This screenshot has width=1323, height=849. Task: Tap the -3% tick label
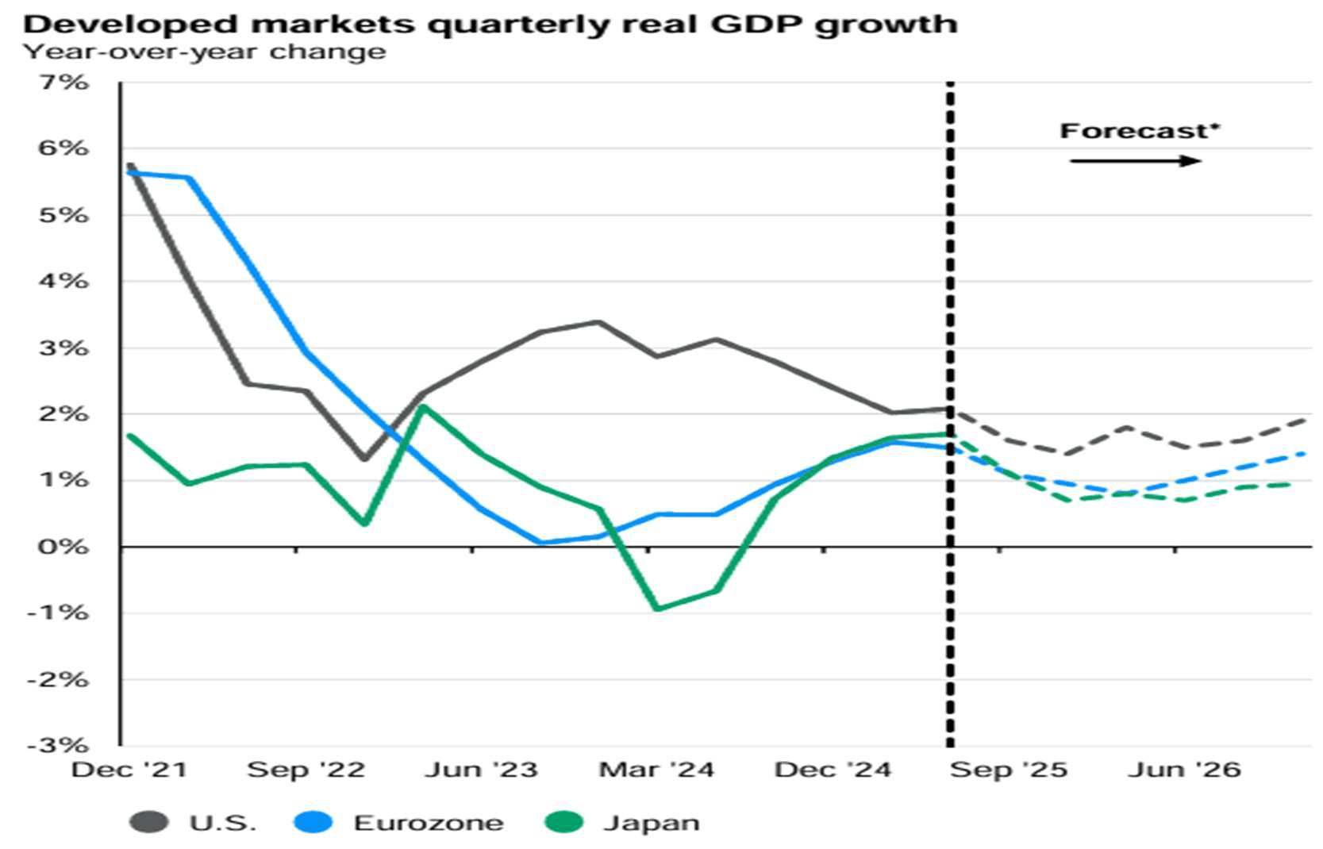(58, 745)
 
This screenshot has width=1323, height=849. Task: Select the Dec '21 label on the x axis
(129, 770)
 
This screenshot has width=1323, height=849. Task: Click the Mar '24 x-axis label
(656, 770)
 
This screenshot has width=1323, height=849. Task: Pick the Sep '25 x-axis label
(1009, 770)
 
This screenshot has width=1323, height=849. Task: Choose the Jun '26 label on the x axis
(1184, 770)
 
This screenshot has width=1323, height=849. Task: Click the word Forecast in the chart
(1135, 131)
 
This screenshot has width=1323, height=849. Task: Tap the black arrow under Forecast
(1135, 161)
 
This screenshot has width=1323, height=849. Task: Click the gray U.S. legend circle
(148, 823)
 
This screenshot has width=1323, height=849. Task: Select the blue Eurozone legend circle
(313, 823)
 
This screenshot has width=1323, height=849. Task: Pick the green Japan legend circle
(564, 823)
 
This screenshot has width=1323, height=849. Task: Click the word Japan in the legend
(652, 823)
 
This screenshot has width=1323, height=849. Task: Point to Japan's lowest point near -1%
(657, 609)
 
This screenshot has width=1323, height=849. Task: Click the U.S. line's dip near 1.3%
(364, 459)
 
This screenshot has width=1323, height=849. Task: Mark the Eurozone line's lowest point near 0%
(541, 543)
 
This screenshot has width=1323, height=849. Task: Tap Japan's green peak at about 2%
(424, 407)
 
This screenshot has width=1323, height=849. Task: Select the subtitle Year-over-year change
(205, 52)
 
